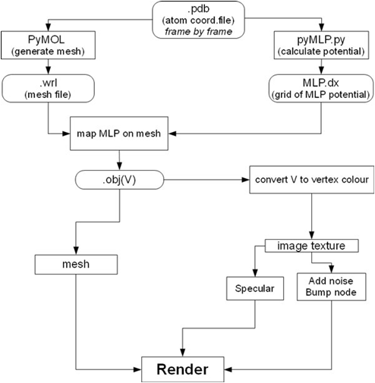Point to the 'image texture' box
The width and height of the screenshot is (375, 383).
[x=310, y=246]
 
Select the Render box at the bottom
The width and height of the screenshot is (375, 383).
[x=187, y=369]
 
